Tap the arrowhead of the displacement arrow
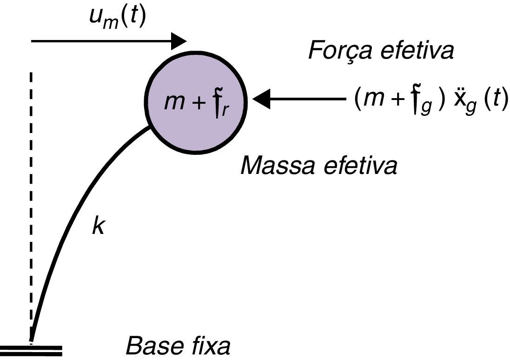[x=179, y=41]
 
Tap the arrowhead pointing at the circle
[x=262, y=99]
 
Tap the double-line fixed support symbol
[x=31, y=350]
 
